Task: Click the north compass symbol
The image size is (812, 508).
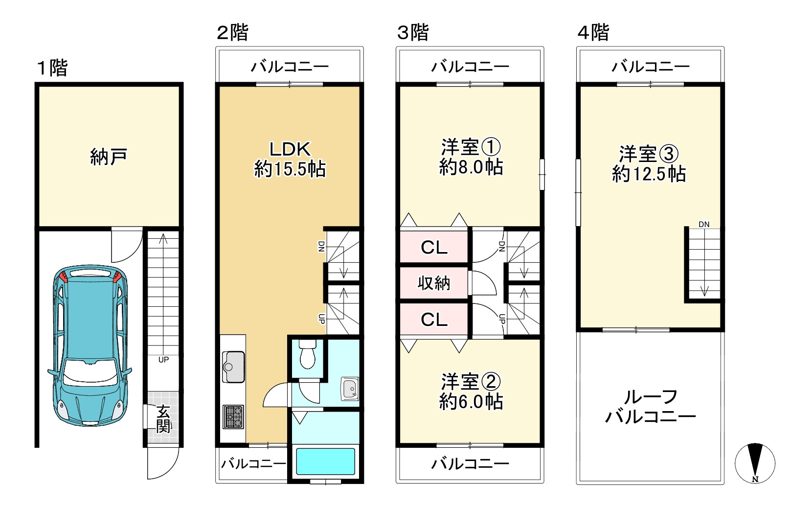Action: tap(755, 463)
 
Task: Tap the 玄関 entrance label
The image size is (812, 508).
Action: tap(164, 419)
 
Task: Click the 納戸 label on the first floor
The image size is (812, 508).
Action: tap(109, 157)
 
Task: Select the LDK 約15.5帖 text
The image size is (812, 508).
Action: tap(290, 159)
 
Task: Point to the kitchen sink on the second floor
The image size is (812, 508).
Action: tap(233, 367)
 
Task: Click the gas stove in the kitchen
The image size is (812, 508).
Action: tap(233, 416)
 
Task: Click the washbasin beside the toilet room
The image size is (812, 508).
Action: tap(350, 389)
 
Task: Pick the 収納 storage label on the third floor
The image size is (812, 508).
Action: tap(434, 283)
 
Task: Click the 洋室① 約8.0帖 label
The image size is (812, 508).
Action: tap(471, 157)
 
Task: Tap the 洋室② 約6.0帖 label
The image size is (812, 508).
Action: tap(471, 392)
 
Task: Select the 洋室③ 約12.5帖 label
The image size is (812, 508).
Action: tap(649, 164)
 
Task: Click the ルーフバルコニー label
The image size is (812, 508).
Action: tap(650, 407)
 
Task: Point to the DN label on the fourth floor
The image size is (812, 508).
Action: tap(704, 225)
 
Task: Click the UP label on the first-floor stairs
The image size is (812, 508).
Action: tap(163, 360)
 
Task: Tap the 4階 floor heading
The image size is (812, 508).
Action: tap(593, 33)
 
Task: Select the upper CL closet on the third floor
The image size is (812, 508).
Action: tap(434, 248)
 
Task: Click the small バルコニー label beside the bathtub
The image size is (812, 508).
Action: tap(253, 463)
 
